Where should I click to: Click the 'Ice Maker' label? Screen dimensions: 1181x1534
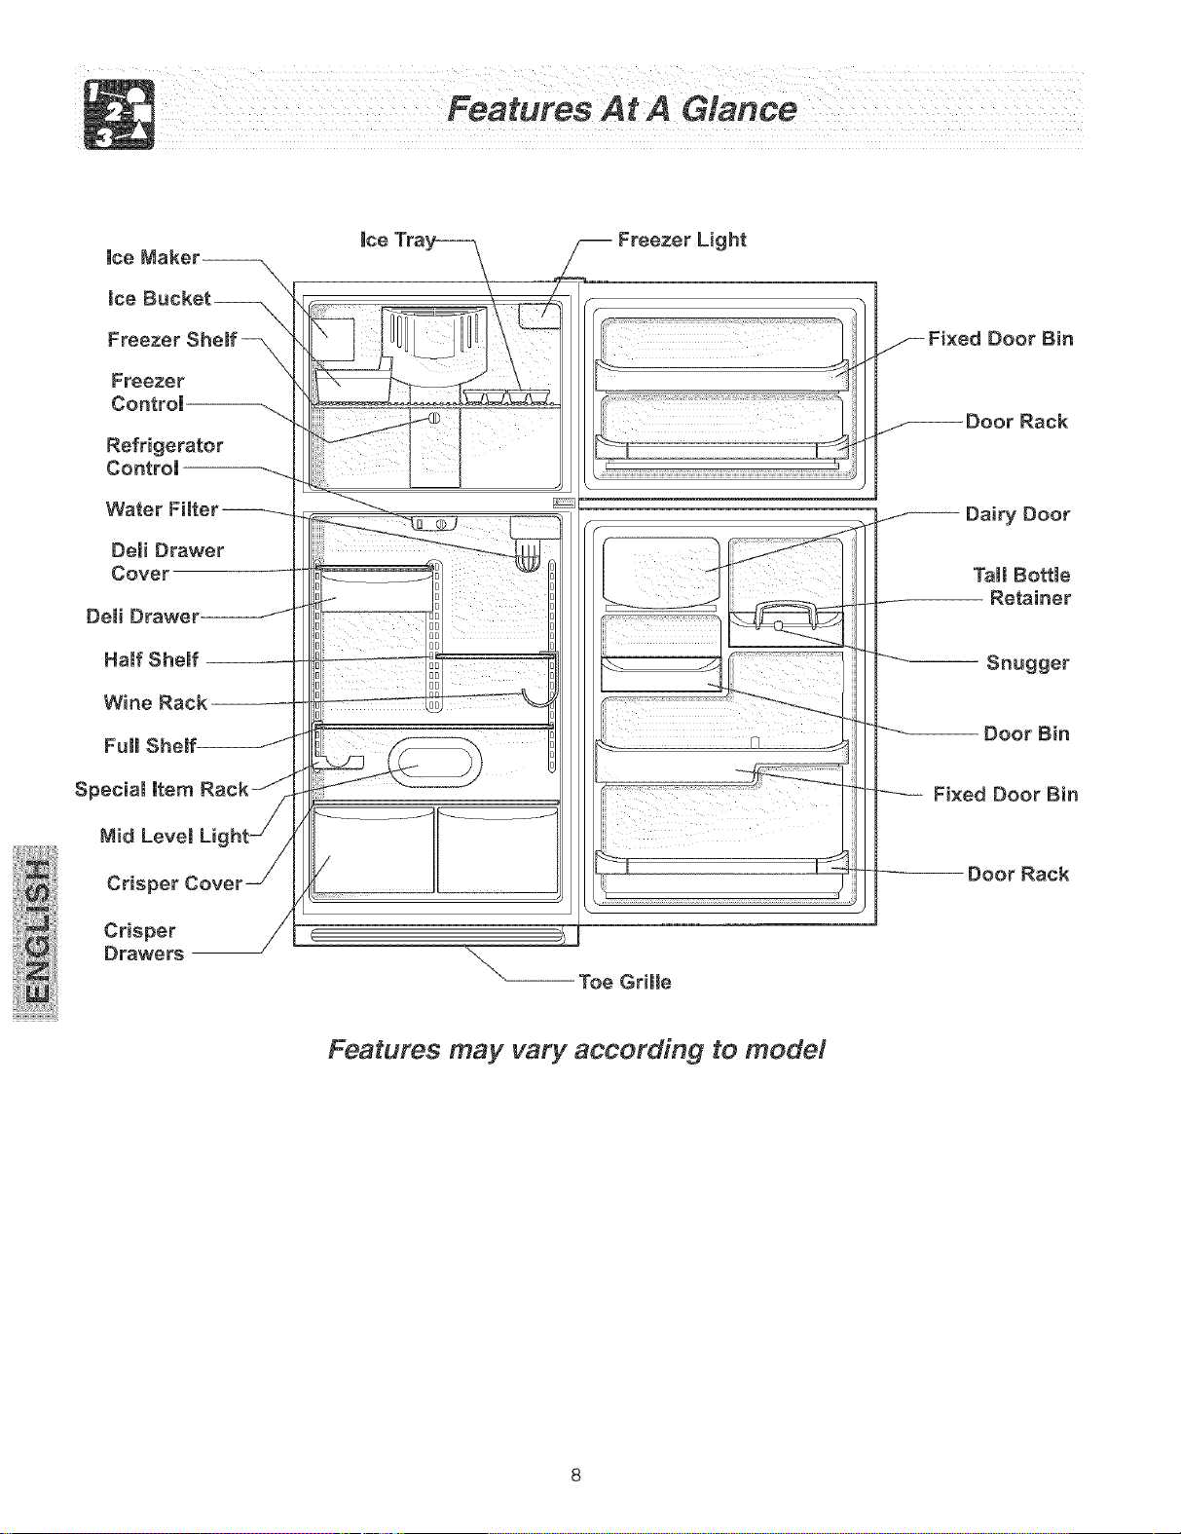[153, 257]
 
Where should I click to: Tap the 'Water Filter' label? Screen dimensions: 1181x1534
[162, 509]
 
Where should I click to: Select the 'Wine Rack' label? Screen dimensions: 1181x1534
[155, 702]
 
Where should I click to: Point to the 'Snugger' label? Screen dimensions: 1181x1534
[1027, 663]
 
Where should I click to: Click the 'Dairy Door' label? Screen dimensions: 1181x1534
[1017, 514]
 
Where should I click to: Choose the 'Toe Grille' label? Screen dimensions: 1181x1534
[624, 982]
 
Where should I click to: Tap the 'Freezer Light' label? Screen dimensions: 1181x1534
[682, 240]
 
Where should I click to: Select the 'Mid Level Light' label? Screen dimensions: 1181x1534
[174, 836]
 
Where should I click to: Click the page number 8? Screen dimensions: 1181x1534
[575, 1474]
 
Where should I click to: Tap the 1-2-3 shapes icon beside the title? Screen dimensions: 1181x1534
[119, 114]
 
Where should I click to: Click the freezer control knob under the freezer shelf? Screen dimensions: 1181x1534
[433, 418]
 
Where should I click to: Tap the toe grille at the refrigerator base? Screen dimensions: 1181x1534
[437, 936]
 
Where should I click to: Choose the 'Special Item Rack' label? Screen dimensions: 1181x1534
[162, 789]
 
